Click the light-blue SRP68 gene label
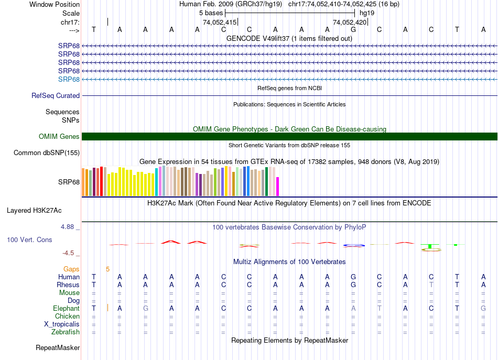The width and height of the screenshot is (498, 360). click(x=69, y=79)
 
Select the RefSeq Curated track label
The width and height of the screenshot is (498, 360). click(x=56, y=96)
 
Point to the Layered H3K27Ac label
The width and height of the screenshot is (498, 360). click(x=34, y=211)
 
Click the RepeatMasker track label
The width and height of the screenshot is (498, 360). click(x=58, y=348)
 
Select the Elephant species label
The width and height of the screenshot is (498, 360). click(x=66, y=309)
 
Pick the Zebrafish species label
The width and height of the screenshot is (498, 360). click(x=66, y=332)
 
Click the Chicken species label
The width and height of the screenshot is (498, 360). click(x=67, y=317)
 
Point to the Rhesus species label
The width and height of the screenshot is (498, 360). click(x=68, y=285)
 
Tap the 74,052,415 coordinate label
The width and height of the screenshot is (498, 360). click(x=219, y=23)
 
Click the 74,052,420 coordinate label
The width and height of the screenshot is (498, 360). click(x=350, y=23)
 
